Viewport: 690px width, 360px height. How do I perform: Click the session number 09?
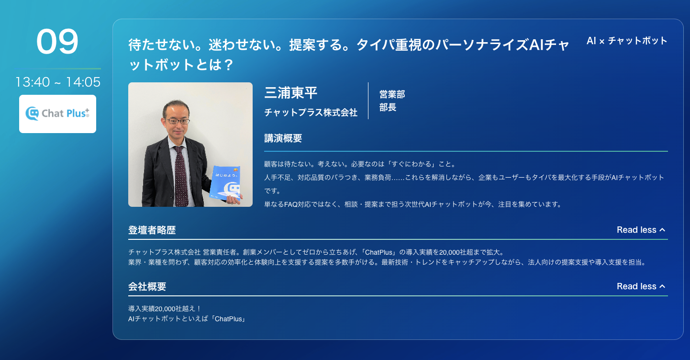point(57,41)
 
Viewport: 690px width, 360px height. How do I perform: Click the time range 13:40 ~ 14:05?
point(58,82)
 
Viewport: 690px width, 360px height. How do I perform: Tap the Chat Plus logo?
point(57,114)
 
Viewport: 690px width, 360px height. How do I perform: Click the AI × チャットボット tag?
point(627,41)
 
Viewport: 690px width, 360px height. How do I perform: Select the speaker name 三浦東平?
point(291,92)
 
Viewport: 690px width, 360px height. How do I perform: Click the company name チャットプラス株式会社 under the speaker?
point(311,112)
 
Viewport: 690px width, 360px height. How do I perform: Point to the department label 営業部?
point(392,94)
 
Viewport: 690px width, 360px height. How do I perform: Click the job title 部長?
point(388,107)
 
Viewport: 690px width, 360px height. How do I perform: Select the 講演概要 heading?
point(283,138)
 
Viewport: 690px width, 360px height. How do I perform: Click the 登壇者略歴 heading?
point(152,230)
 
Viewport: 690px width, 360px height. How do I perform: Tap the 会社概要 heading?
point(147,286)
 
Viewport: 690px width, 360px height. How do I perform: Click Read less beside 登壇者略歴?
point(641,230)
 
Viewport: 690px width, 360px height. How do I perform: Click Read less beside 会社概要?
point(641,286)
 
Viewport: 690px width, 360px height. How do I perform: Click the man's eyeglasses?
point(178,121)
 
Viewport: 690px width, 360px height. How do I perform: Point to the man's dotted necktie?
point(181,176)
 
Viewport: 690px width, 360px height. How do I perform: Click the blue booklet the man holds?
point(225,183)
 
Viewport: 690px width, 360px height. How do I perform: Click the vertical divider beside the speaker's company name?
point(368,101)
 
